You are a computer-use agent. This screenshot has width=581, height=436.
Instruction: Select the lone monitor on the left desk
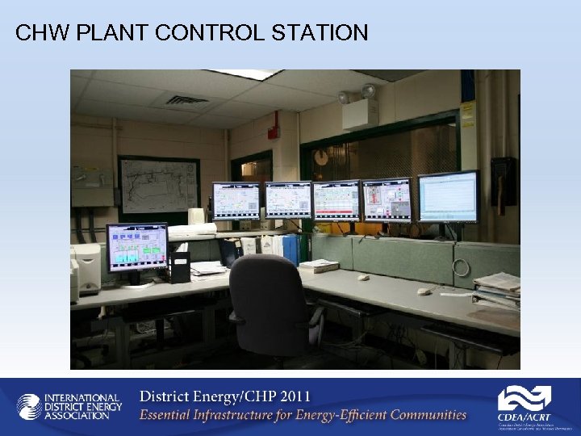coord(136,248)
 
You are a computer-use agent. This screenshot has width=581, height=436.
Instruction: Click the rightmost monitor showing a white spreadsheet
coord(448,196)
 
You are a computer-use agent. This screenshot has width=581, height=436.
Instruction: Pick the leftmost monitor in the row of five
coord(236,200)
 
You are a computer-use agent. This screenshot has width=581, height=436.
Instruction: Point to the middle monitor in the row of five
coord(336,200)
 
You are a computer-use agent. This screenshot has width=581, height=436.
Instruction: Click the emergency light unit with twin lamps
coord(359,107)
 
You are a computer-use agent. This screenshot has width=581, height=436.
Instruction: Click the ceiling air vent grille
coord(187,100)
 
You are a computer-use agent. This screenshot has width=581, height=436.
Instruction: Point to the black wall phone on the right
coord(504,179)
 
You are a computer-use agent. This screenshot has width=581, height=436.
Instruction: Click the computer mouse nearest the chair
coord(363,277)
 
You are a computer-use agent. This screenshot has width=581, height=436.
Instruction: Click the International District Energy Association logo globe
coord(29,406)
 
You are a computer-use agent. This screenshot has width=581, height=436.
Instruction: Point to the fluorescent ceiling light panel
coord(242,73)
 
